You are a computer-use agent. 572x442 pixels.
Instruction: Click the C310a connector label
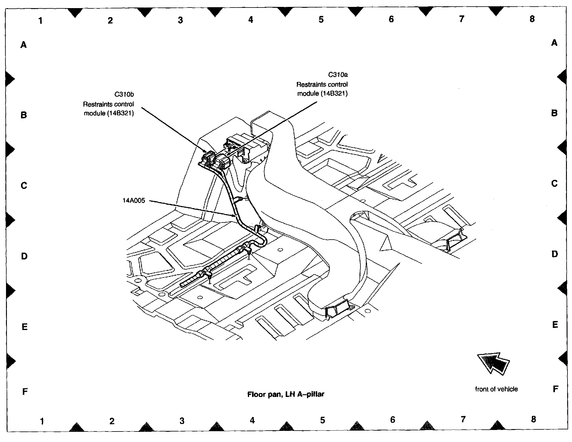[338, 74]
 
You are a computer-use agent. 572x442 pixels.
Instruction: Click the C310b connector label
[124, 94]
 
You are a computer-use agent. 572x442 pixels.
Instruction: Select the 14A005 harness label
[134, 201]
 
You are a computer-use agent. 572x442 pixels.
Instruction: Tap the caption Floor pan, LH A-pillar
[285, 394]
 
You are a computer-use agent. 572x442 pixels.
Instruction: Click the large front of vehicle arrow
[493, 363]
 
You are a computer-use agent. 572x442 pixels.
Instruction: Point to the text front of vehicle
[496, 389]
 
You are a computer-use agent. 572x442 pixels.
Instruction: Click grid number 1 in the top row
[41, 20]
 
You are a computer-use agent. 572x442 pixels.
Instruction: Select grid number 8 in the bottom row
[533, 419]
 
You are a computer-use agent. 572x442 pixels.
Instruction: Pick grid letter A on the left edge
[24, 45]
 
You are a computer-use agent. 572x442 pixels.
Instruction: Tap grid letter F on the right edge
[555, 389]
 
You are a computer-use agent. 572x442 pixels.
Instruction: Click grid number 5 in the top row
[321, 20]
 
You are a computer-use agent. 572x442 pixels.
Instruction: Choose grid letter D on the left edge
[24, 256]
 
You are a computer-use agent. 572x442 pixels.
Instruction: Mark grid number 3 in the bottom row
[182, 421]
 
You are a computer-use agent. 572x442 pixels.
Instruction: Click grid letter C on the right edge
[554, 183]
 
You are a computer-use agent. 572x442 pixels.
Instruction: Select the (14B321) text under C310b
[121, 114]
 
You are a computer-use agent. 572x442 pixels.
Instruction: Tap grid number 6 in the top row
[391, 19]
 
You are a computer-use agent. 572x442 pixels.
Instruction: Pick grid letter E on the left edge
[25, 327]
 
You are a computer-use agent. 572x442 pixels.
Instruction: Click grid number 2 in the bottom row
[112, 421]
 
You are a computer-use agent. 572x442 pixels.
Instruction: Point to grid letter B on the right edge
[554, 113]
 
